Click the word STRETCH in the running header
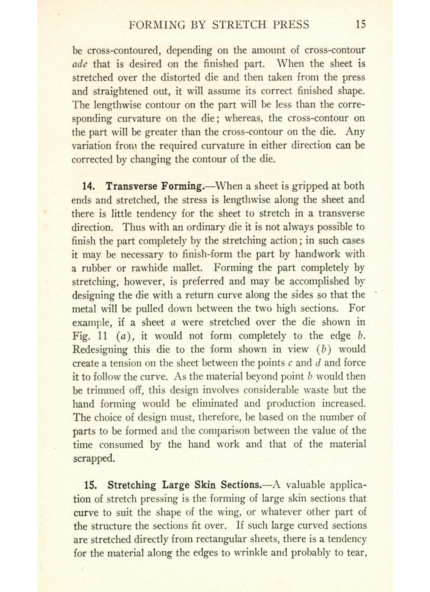[239, 25]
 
